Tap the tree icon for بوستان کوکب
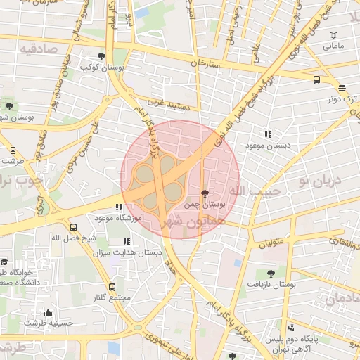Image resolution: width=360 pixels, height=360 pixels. click(102, 56)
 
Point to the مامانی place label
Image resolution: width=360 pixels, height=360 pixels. click(333, 46)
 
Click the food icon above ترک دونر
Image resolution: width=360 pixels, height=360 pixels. click(342, 88)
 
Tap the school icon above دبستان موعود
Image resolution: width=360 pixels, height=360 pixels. click(267, 134)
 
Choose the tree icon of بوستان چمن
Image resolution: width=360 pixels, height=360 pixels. click(205, 193)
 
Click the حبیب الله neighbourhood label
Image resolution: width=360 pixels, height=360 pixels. click(257, 191)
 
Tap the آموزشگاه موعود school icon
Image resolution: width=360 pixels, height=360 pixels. click(119, 207)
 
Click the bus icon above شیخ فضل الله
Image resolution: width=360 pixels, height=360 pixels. click(74, 227)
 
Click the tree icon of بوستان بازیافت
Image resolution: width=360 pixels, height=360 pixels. click(271, 273)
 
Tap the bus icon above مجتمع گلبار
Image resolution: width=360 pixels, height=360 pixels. click(112, 287)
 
